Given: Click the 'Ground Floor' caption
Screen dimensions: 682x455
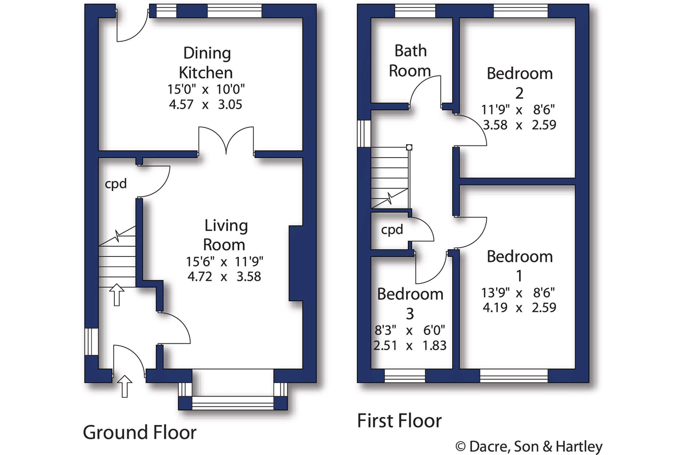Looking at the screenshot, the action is point(140,432).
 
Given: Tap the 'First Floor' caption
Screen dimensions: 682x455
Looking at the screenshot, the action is point(399,421).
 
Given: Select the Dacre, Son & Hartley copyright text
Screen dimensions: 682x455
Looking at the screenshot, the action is point(529,447).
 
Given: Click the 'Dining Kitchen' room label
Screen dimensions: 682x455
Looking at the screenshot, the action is point(206,63).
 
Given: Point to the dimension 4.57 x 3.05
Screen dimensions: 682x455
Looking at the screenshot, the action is point(206,105).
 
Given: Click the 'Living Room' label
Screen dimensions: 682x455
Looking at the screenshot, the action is point(226,235).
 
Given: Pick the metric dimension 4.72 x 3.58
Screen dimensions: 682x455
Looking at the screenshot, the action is point(224,276).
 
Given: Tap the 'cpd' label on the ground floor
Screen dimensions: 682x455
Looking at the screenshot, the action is point(116,184).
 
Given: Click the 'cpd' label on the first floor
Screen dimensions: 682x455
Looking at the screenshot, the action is point(392,230).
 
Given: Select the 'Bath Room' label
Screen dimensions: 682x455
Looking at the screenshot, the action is point(410,61).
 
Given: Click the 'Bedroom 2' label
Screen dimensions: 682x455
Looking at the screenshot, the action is point(520,83).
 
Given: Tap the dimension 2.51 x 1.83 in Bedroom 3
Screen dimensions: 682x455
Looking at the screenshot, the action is point(410,346).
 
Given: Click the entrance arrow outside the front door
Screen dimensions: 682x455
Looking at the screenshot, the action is point(124,386).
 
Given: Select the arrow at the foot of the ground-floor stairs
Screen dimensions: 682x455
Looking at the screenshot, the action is point(117,295).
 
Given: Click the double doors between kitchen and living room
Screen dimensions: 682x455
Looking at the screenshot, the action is point(226,141).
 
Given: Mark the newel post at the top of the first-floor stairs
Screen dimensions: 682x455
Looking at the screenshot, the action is point(409,147).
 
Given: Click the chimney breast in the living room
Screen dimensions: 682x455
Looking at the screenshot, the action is point(296,263).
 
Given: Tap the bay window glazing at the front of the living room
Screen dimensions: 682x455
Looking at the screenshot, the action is point(233,403).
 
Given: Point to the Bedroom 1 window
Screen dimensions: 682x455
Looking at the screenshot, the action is point(514,376).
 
